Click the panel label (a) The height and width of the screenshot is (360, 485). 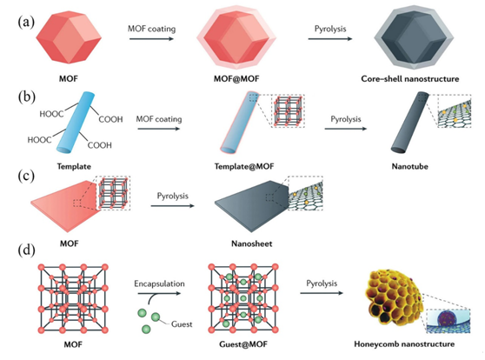(26, 23)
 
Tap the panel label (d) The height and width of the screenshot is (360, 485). (26, 250)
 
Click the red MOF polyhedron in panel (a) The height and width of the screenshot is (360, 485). (69, 38)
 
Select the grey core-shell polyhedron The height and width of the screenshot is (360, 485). (414, 37)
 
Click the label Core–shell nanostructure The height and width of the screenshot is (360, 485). (410, 78)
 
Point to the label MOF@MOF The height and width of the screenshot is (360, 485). (236, 78)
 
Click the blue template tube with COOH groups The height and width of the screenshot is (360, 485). (75, 122)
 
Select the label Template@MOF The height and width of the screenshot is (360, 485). (244, 167)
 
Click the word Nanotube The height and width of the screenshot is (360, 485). (410, 167)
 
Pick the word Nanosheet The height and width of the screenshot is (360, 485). (252, 243)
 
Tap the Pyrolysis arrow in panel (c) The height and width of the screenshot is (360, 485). (173, 206)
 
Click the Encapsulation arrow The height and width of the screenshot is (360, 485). (159, 293)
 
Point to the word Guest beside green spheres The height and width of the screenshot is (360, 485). (182, 324)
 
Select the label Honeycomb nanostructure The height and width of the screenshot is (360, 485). (404, 343)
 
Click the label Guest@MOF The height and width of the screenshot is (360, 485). (243, 343)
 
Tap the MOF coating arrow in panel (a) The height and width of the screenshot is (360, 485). (151, 38)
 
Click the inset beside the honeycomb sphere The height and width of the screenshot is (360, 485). (448, 321)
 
